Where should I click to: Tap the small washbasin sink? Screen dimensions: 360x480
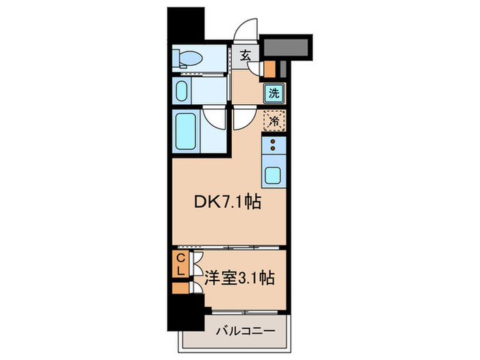(x=182, y=92)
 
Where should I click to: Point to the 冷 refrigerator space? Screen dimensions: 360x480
(x=274, y=121)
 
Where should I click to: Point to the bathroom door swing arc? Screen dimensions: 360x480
(x=215, y=118)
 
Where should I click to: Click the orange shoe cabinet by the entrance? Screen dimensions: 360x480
(x=269, y=69)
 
